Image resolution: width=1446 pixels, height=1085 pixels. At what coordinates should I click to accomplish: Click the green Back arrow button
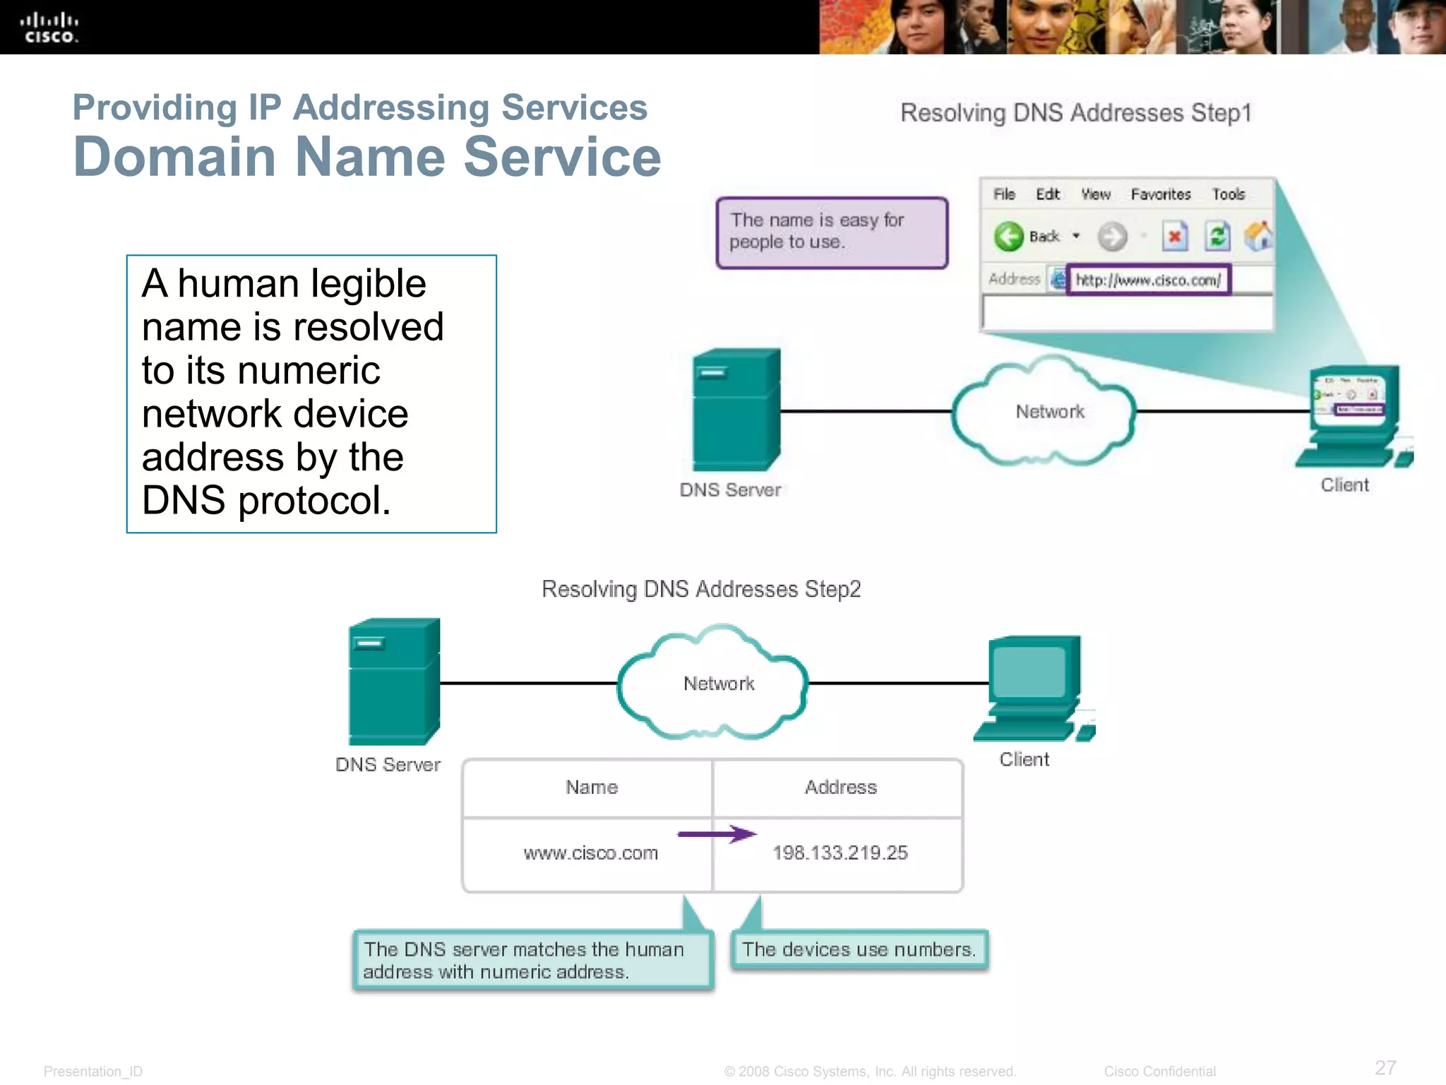click(x=1008, y=237)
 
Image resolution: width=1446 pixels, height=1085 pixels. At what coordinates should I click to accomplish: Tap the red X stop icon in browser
click(x=1175, y=237)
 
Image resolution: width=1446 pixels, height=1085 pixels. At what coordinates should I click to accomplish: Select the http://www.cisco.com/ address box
click(x=1148, y=280)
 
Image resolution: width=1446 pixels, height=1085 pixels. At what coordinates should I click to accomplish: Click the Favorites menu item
click(x=1160, y=194)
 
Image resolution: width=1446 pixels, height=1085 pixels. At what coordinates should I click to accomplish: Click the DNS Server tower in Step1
click(x=736, y=410)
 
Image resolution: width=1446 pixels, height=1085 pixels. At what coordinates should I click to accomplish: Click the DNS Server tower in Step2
click(x=394, y=682)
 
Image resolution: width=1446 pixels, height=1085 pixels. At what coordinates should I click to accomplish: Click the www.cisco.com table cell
click(x=590, y=853)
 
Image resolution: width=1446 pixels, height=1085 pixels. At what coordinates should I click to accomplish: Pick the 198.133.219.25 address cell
click(x=839, y=853)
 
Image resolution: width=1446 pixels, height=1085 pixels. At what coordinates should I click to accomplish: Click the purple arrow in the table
click(x=717, y=834)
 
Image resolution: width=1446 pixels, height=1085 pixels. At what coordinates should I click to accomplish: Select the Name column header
click(x=591, y=787)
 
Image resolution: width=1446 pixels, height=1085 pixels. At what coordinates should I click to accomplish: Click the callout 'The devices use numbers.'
click(x=859, y=949)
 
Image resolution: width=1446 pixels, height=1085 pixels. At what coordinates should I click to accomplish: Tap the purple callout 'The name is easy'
click(x=831, y=232)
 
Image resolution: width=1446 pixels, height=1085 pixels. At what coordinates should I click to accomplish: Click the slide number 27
click(x=1385, y=1067)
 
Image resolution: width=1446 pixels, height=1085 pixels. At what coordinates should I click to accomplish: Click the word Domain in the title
click(x=174, y=157)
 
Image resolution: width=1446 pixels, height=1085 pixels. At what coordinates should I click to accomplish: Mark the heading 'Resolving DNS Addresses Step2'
click(x=700, y=589)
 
